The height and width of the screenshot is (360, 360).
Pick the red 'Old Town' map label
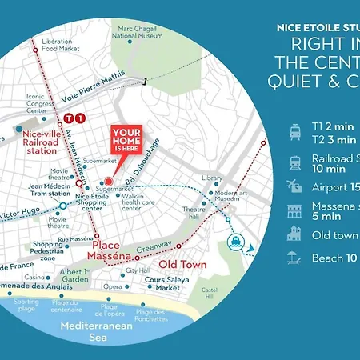point(182,264)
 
